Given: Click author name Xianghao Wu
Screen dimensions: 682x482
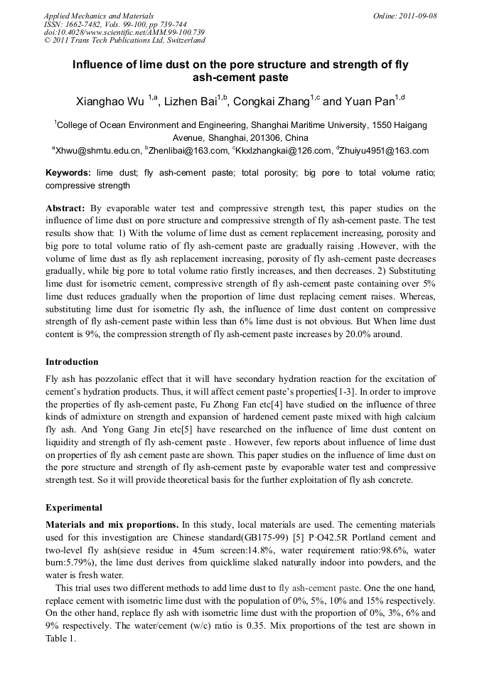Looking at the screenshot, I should click(110, 102).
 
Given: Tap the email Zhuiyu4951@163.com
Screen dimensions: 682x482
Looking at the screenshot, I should click(385, 151).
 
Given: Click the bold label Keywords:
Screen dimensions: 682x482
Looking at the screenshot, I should click(68, 173).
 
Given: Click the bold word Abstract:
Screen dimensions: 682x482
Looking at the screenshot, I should click(65, 208).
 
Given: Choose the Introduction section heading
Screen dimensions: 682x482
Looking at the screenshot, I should click(72, 362).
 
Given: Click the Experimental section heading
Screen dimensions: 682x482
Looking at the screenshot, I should click(74, 508).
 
